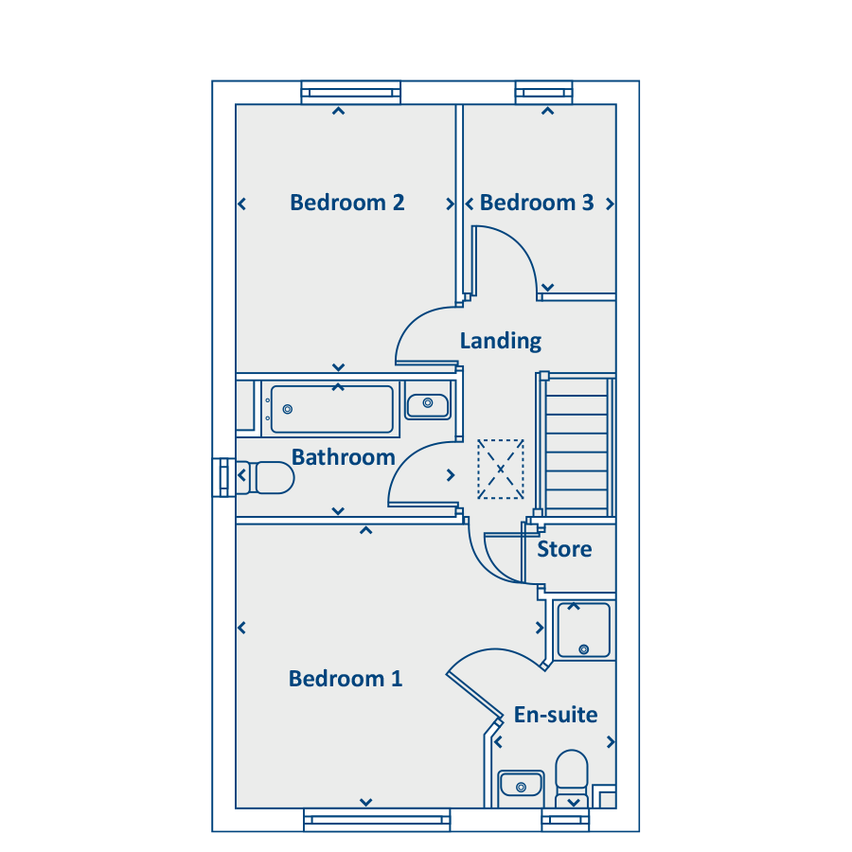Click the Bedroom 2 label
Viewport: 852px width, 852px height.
tap(347, 203)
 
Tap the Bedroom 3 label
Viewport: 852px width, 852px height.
tap(537, 203)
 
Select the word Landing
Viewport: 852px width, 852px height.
tap(501, 341)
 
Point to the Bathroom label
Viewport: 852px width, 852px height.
tap(343, 457)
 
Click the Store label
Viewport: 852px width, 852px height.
tap(564, 549)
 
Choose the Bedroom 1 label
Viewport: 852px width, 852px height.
tap(346, 679)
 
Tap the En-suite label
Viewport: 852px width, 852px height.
tap(556, 715)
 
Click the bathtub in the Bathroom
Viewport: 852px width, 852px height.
tap(331, 409)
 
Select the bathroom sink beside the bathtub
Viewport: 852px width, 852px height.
tap(428, 403)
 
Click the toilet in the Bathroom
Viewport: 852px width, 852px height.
tap(270, 478)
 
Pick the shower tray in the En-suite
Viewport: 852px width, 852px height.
tap(583, 630)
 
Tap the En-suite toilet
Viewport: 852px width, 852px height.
tap(572, 773)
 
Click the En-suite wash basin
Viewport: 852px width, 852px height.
tap(520, 785)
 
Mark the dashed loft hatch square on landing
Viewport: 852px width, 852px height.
tap(501, 469)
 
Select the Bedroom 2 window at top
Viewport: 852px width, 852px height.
tap(351, 92)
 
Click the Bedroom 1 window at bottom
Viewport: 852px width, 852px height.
tap(376, 820)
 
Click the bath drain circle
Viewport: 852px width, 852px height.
tap(288, 409)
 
